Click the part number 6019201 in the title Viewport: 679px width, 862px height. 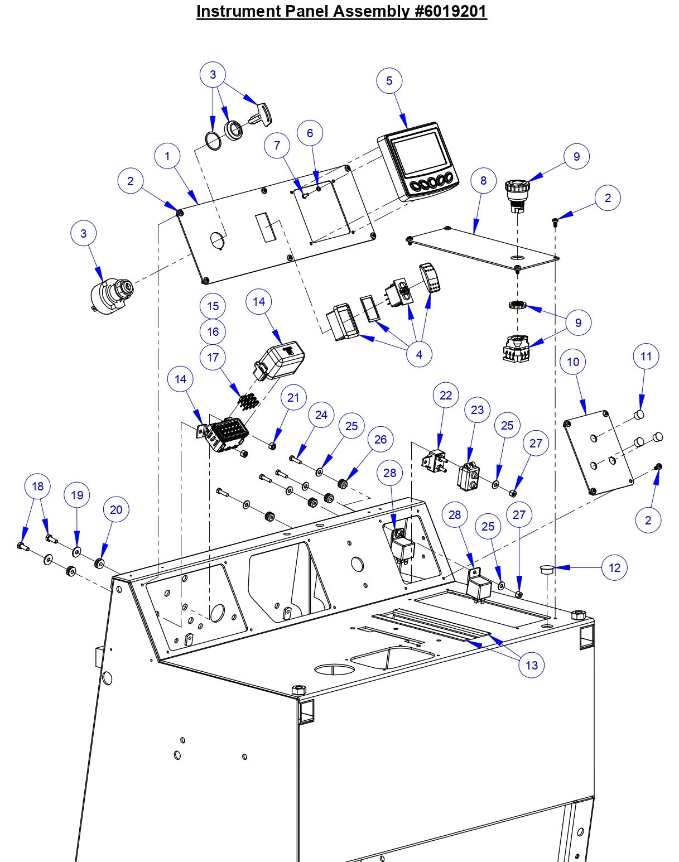coord(451,11)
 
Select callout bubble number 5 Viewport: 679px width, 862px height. coord(389,80)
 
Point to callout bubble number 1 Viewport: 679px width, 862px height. coord(167,156)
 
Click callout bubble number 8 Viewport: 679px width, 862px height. coord(483,180)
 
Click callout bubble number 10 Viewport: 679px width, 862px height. coord(573,362)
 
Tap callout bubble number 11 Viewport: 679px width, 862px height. coord(646,356)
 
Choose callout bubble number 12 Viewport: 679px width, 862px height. coord(614,567)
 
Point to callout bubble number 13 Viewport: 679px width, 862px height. coord(532,664)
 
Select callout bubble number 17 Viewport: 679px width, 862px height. coord(213,357)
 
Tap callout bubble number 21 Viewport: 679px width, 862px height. coord(293,397)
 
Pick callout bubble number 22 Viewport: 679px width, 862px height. coord(446,395)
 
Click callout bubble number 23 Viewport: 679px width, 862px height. coord(478,410)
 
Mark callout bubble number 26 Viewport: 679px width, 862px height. coord(381,439)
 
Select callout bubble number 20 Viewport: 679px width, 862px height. coord(116,509)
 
